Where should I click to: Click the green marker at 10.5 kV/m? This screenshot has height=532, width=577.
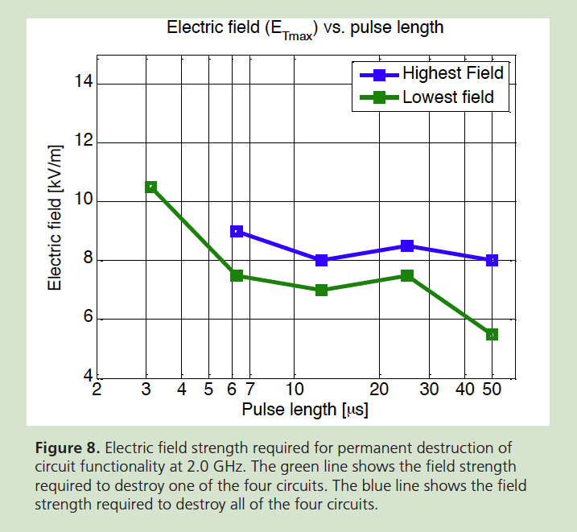pos(150,187)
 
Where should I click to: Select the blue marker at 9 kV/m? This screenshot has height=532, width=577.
pos(237,231)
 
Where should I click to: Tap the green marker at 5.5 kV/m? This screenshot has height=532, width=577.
pos(492,334)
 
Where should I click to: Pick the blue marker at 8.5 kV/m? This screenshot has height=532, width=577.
pos(407,245)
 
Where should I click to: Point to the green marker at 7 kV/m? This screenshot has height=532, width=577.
pos(321,290)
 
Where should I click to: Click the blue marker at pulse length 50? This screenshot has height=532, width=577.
pos(492,260)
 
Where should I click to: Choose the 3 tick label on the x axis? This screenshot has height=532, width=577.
pos(146,390)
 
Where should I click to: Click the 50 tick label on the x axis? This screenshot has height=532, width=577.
pos(492,390)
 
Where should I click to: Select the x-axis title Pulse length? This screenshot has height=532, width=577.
pos(305,410)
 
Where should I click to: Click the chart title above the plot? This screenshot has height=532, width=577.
pos(305,28)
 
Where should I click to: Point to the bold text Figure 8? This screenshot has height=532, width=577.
pos(68,447)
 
